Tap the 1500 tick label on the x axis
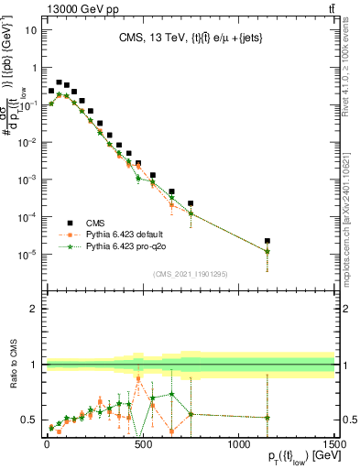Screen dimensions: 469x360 click(334, 442)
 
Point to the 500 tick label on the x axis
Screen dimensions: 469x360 click(142, 442)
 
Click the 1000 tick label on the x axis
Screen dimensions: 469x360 click(238, 442)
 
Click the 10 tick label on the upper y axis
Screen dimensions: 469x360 click(30, 29)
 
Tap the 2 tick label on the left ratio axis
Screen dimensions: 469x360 click(33, 309)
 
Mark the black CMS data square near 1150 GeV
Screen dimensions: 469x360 click(267, 241)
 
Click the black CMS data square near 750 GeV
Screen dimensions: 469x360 click(191, 203)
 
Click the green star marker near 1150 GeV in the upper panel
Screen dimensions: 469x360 click(267, 251)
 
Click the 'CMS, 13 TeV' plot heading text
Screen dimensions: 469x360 click(188, 38)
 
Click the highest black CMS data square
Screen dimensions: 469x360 click(60, 82)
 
